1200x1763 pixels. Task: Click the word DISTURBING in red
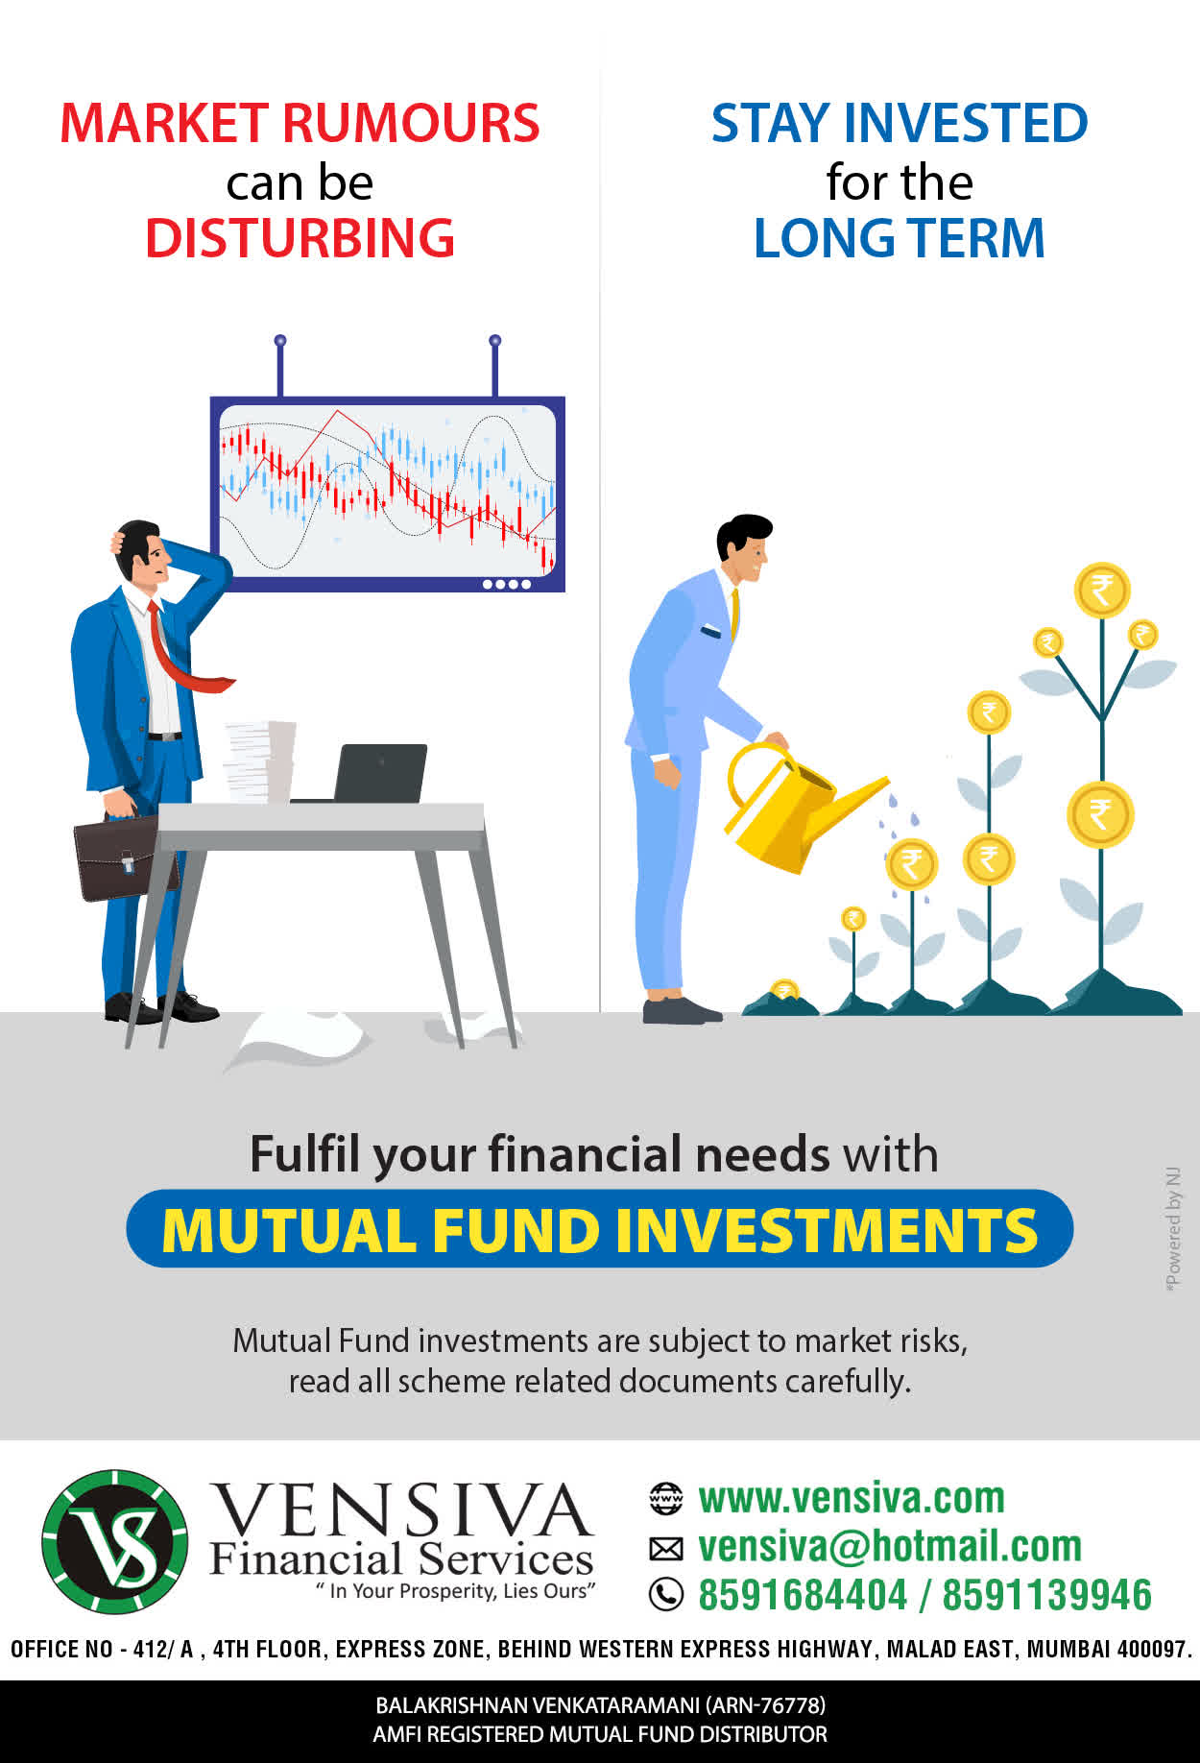point(300,238)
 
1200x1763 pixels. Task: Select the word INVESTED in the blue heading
point(965,123)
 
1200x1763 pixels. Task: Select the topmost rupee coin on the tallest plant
point(1102,591)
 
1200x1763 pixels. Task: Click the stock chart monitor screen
point(388,494)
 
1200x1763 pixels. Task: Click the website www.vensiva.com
point(852,1498)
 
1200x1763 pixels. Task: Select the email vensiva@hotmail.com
point(890,1546)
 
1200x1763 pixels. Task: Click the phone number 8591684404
point(802,1595)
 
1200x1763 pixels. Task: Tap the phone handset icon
point(666,1595)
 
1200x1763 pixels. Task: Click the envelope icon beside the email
point(666,1548)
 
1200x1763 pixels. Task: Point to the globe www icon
point(666,1498)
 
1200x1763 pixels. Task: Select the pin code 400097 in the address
point(1153,1650)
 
